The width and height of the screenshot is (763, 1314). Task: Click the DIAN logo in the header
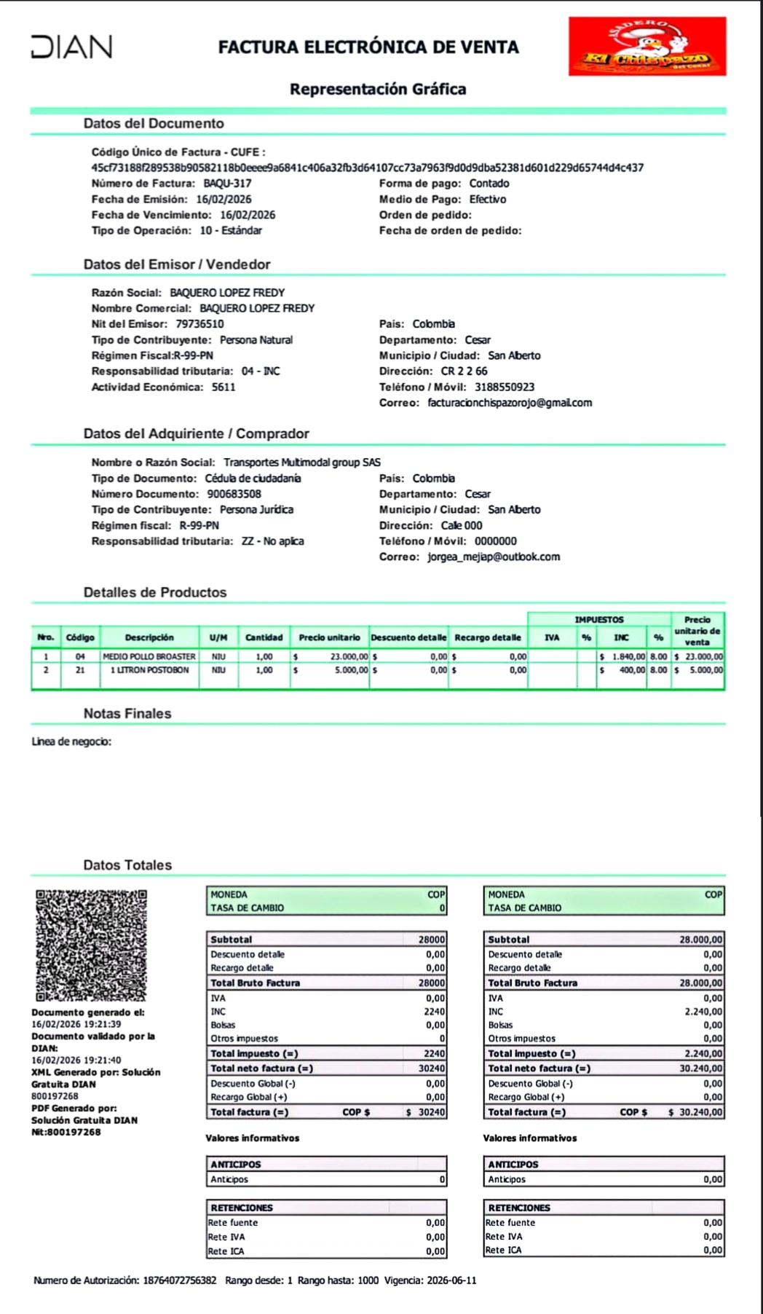(x=71, y=47)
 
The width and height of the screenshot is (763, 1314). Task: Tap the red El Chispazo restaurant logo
(x=647, y=47)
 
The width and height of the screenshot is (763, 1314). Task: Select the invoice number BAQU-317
(x=227, y=184)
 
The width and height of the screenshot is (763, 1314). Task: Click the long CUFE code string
(x=367, y=168)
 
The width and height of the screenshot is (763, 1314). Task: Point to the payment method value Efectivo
(x=487, y=200)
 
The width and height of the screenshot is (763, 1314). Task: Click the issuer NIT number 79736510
(x=199, y=324)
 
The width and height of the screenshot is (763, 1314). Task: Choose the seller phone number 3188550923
(x=504, y=387)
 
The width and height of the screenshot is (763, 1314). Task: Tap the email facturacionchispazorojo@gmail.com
(x=509, y=403)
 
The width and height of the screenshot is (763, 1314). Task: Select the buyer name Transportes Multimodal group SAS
(x=301, y=463)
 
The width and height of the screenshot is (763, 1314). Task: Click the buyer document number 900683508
(x=234, y=494)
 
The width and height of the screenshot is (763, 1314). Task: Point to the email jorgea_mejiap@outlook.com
(x=493, y=557)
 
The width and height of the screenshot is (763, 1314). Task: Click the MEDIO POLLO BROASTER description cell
(x=149, y=657)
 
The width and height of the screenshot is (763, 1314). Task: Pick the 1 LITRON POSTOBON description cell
(x=149, y=670)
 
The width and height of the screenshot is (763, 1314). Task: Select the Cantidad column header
(x=264, y=637)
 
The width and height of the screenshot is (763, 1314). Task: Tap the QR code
(x=91, y=945)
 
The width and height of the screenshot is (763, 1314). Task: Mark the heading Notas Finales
(x=127, y=714)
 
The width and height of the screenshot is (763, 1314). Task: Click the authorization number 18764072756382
(x=179, y=1280)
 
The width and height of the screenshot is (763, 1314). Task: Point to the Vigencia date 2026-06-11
(x=451, y=1280)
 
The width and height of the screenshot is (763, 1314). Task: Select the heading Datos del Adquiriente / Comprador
(x=196, y=434)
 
